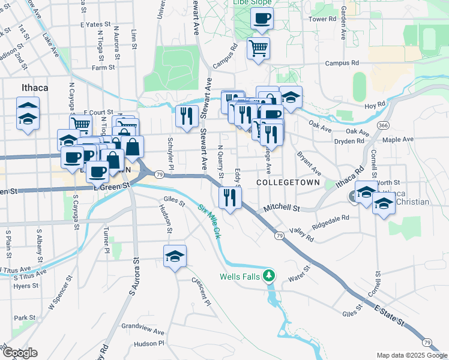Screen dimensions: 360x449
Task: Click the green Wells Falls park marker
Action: click(x=271, y=275)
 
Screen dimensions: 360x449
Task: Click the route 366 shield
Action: click(x=382, y=125)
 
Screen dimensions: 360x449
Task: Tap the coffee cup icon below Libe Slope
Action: click(x=262, y=19)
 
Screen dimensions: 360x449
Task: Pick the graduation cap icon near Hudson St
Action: click(x=175, y=256)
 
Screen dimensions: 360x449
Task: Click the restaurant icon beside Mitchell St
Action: click(x=230, y=197)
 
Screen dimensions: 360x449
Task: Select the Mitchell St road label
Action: click(x=282, y=208)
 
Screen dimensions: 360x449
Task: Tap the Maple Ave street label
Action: click(x=398, y=139)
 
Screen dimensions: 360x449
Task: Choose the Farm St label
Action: click(x=103, y=68)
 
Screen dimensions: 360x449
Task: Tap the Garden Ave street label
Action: click(x=343, y=24)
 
